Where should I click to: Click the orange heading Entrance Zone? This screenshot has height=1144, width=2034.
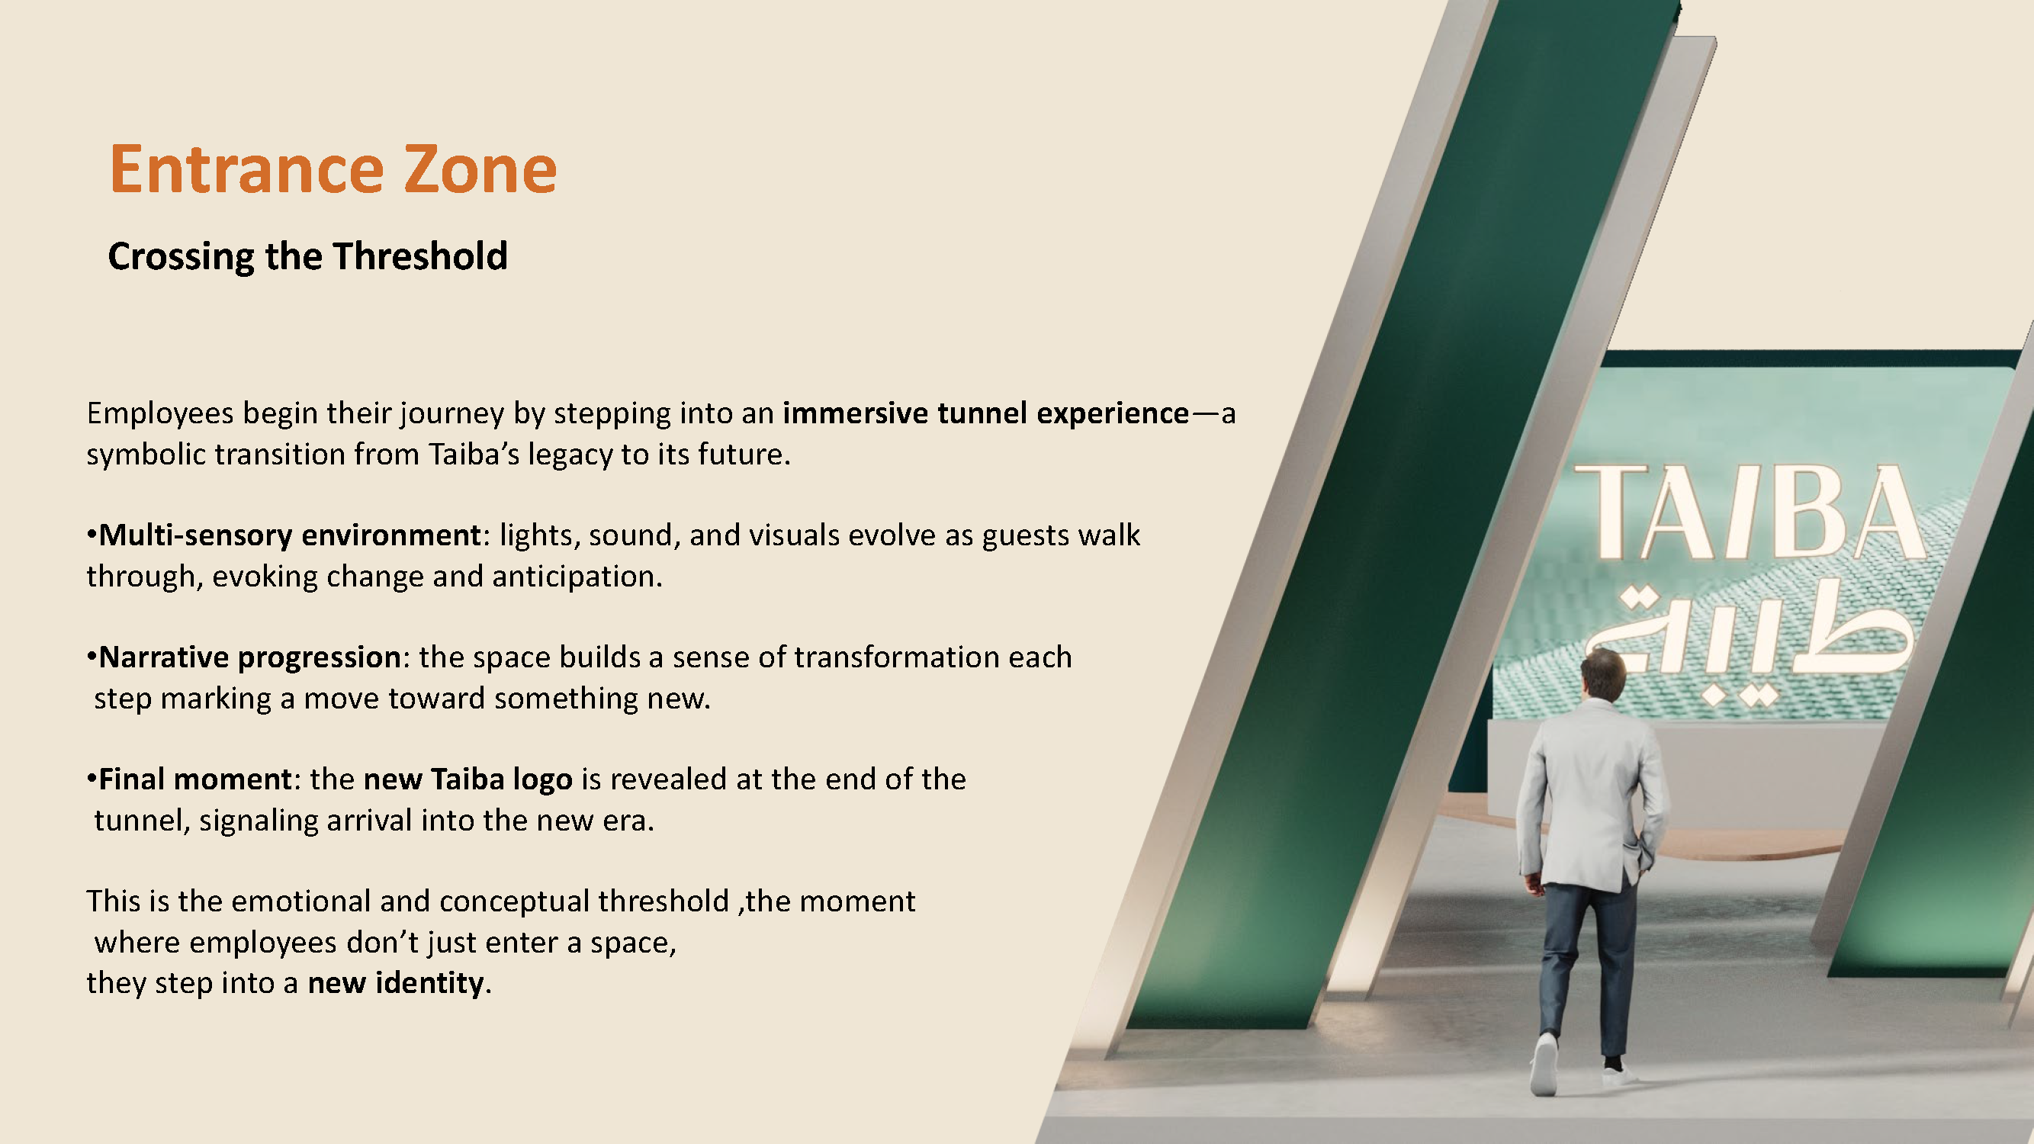click(333, 169)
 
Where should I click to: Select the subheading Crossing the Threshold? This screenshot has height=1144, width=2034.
click(308, 256)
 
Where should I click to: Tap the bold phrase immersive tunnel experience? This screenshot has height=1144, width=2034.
click(985, 413)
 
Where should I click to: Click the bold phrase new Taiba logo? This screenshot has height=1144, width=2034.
click(468, 779)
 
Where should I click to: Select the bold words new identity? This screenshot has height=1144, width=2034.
click(396, 983)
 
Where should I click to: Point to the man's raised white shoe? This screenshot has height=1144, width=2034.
click(1544, 1066)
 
